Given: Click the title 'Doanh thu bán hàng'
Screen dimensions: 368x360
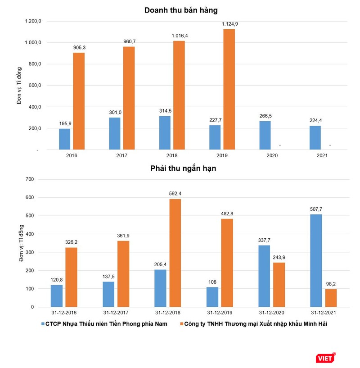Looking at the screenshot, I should (x=184, y=10).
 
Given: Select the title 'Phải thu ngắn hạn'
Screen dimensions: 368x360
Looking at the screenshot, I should (x=184, y=169).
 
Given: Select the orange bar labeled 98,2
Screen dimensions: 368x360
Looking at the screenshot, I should (x=330, y=298).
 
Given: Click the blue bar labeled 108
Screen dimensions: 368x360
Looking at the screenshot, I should (x=212, y=297).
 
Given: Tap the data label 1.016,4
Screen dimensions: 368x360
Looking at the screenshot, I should (x=179, y=35).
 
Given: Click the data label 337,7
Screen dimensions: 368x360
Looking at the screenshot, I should (x=264, y=240).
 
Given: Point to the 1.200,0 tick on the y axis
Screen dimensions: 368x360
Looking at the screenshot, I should (x=33, y=21).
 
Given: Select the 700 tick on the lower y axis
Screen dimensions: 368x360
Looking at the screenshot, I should (x=36, y=179).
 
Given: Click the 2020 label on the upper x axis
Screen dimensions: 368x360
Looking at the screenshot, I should (x=272, y=155).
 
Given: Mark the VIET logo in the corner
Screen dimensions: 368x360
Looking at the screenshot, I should (x=325, y=358).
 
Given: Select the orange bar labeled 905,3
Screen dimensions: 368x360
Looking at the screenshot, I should (x=79, y=101).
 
